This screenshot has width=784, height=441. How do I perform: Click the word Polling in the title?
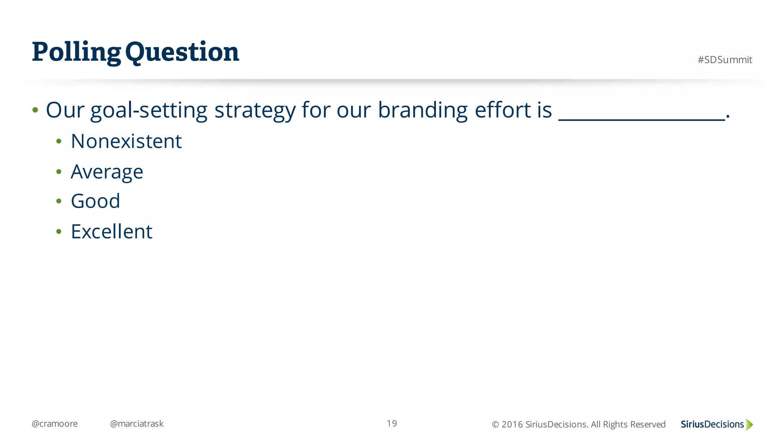click(76, 52)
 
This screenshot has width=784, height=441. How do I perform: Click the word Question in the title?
click(182, 52)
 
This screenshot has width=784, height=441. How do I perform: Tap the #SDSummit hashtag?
click(724, 60)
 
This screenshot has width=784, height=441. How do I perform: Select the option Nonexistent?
click(126, 141)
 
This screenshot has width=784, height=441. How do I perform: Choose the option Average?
click(107, 171)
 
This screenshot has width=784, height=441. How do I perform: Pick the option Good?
click(95, 201)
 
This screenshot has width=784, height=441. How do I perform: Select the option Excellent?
click(111, 232)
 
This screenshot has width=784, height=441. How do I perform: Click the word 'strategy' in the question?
click(255, 111)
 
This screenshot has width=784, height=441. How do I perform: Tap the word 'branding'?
click(422, 111)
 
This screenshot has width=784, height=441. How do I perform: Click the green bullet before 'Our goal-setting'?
click(35, 111)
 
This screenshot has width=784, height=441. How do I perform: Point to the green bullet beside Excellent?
click(59, 232)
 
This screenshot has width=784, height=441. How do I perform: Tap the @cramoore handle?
click(54, 424)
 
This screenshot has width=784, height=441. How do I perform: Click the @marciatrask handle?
click(136, 424)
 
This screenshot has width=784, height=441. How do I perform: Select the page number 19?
click(392, 423)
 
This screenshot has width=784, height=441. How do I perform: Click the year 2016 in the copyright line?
click(512, 425)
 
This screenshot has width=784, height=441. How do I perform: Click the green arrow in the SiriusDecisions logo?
click(749, 425)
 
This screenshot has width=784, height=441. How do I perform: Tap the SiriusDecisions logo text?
click(712, 425)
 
